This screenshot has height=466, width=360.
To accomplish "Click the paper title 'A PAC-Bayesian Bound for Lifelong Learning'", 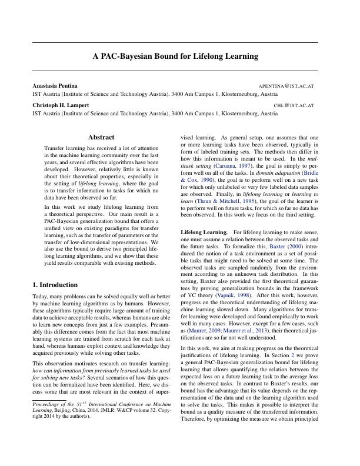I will click(175, 56).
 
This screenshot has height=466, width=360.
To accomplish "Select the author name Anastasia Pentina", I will click(55, 86).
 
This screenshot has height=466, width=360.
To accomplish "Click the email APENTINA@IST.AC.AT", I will click(286, 86).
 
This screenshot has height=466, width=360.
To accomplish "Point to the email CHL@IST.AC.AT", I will click(294, 106).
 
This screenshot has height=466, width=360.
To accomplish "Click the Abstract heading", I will click(101, 137).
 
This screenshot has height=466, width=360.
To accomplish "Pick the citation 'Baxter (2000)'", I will click(302, 249).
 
